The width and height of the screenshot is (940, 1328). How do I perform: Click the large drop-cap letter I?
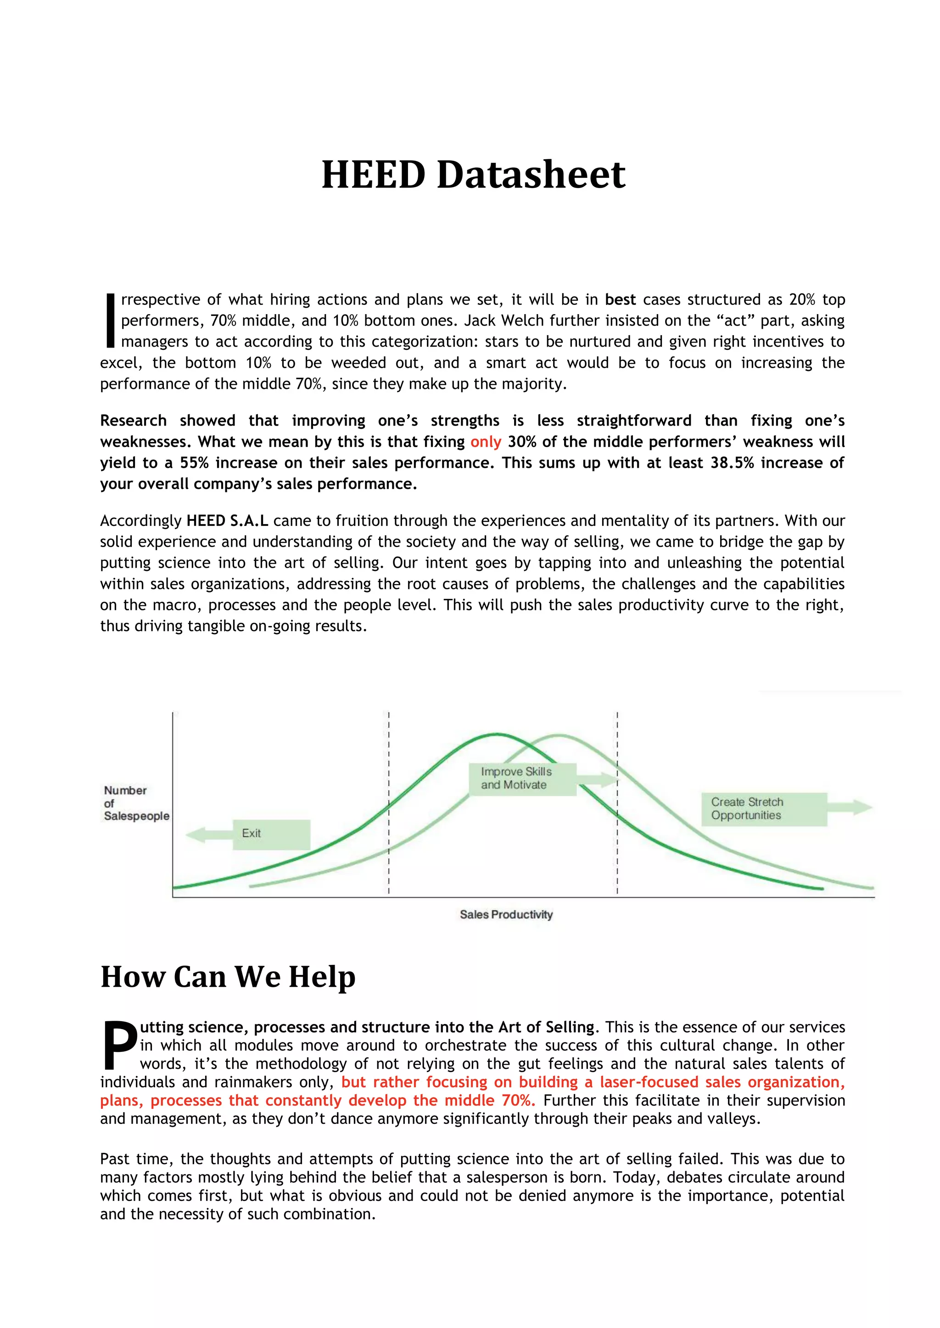[110, 321]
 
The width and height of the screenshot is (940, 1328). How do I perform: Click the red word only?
[485, 442]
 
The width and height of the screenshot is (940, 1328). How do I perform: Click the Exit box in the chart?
[271, 834]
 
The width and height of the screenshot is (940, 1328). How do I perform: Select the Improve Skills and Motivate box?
[522, 779]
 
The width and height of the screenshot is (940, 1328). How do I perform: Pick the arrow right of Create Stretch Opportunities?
[850, 808]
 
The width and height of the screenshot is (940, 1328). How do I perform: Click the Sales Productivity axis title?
[506, 914]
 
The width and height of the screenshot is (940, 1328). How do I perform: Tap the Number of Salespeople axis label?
[135, 803]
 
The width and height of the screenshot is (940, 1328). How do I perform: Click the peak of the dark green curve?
[497, 735]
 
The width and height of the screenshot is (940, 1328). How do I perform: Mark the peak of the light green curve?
[559, 736]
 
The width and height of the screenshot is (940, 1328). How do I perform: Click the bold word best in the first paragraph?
[620, 299]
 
